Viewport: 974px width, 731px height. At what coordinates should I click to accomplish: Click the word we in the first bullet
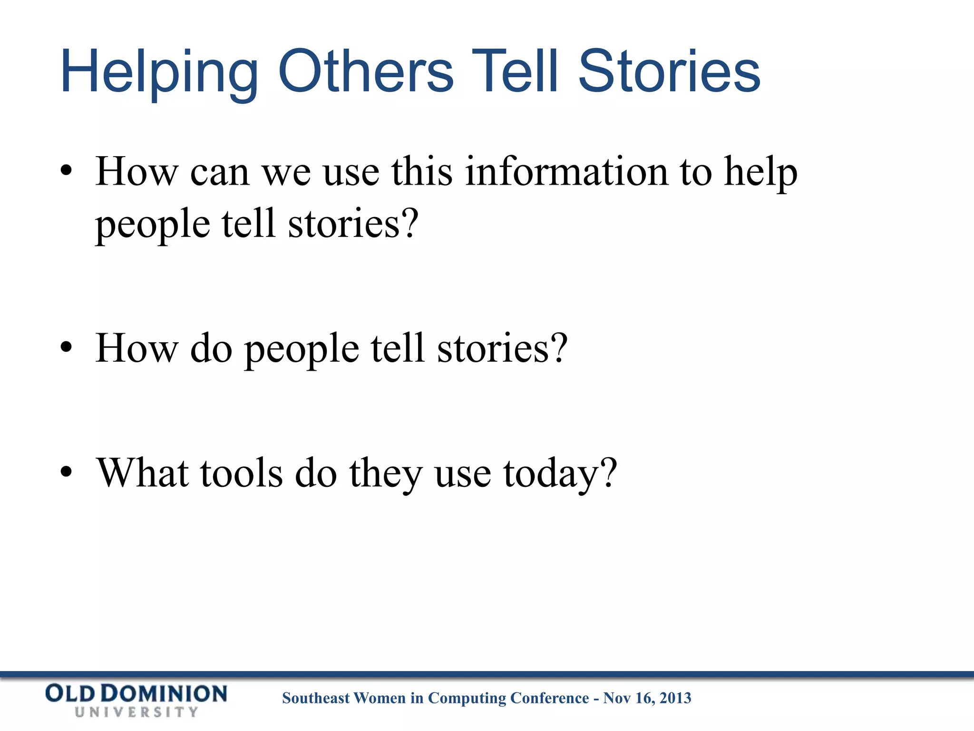[x=286, y=172]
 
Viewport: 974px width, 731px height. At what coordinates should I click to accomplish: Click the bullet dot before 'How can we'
[x=67, y=171]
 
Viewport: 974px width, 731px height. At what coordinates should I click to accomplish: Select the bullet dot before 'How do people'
[x=67, y=348]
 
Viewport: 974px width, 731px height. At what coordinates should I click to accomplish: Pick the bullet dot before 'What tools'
[x=67, y=473]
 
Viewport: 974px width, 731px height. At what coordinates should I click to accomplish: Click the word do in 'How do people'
[x=211, y=348]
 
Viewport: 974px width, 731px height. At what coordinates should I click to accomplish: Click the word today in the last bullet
[x=552, y=474]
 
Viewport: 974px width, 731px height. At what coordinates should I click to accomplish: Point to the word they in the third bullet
[x=386, y=474]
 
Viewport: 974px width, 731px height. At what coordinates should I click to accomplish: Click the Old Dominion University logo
[x=136, y=700]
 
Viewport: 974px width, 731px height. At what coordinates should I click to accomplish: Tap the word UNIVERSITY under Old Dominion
[x=136, y=712]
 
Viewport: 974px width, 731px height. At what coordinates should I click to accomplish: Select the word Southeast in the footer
[x=316, y=698]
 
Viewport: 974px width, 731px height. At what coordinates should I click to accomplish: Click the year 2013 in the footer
[x=675, y=698]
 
